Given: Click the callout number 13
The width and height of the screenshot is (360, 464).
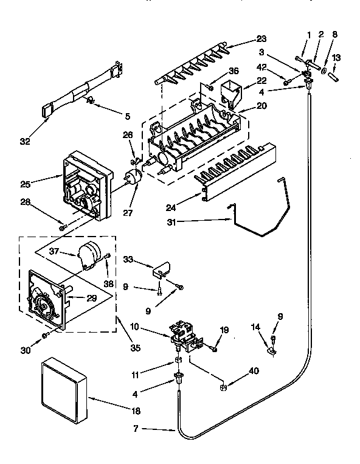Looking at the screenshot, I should pos(336,57).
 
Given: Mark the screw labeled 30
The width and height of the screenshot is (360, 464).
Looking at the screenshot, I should pos(44,335).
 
